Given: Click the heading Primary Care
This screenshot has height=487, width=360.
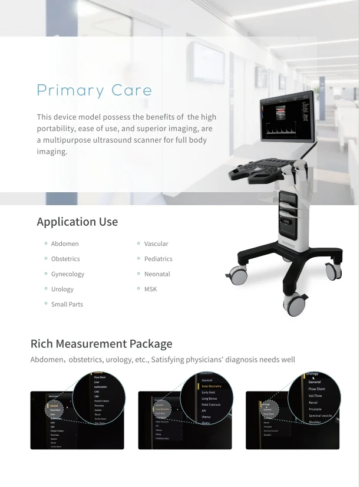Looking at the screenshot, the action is click(x=94, y=91).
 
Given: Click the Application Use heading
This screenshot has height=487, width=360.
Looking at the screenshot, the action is click(x=77, y=222).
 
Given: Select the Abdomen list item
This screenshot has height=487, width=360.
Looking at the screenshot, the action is click(x=65, y=244).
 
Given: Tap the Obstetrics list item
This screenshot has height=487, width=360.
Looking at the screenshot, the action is click(x=65, y=259).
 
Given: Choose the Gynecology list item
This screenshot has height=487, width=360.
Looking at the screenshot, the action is click(x=68, y=274).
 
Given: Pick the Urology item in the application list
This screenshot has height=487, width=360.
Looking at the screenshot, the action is click(x=62, y=289).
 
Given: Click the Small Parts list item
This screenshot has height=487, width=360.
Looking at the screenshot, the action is click(x=67, y=304).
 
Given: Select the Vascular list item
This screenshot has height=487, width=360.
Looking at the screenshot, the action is click(x=156, y=244).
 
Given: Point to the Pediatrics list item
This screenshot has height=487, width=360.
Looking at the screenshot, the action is click(x=158, y=259).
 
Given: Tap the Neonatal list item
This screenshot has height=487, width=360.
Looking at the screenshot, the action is click(x=157, y=274).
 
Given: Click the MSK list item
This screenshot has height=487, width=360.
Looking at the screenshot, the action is click(x=151, y=289).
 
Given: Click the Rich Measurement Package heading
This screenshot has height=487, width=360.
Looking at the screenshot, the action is click(x=101, y=344).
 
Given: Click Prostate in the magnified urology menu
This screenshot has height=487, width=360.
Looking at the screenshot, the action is click(x=315, y=409).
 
